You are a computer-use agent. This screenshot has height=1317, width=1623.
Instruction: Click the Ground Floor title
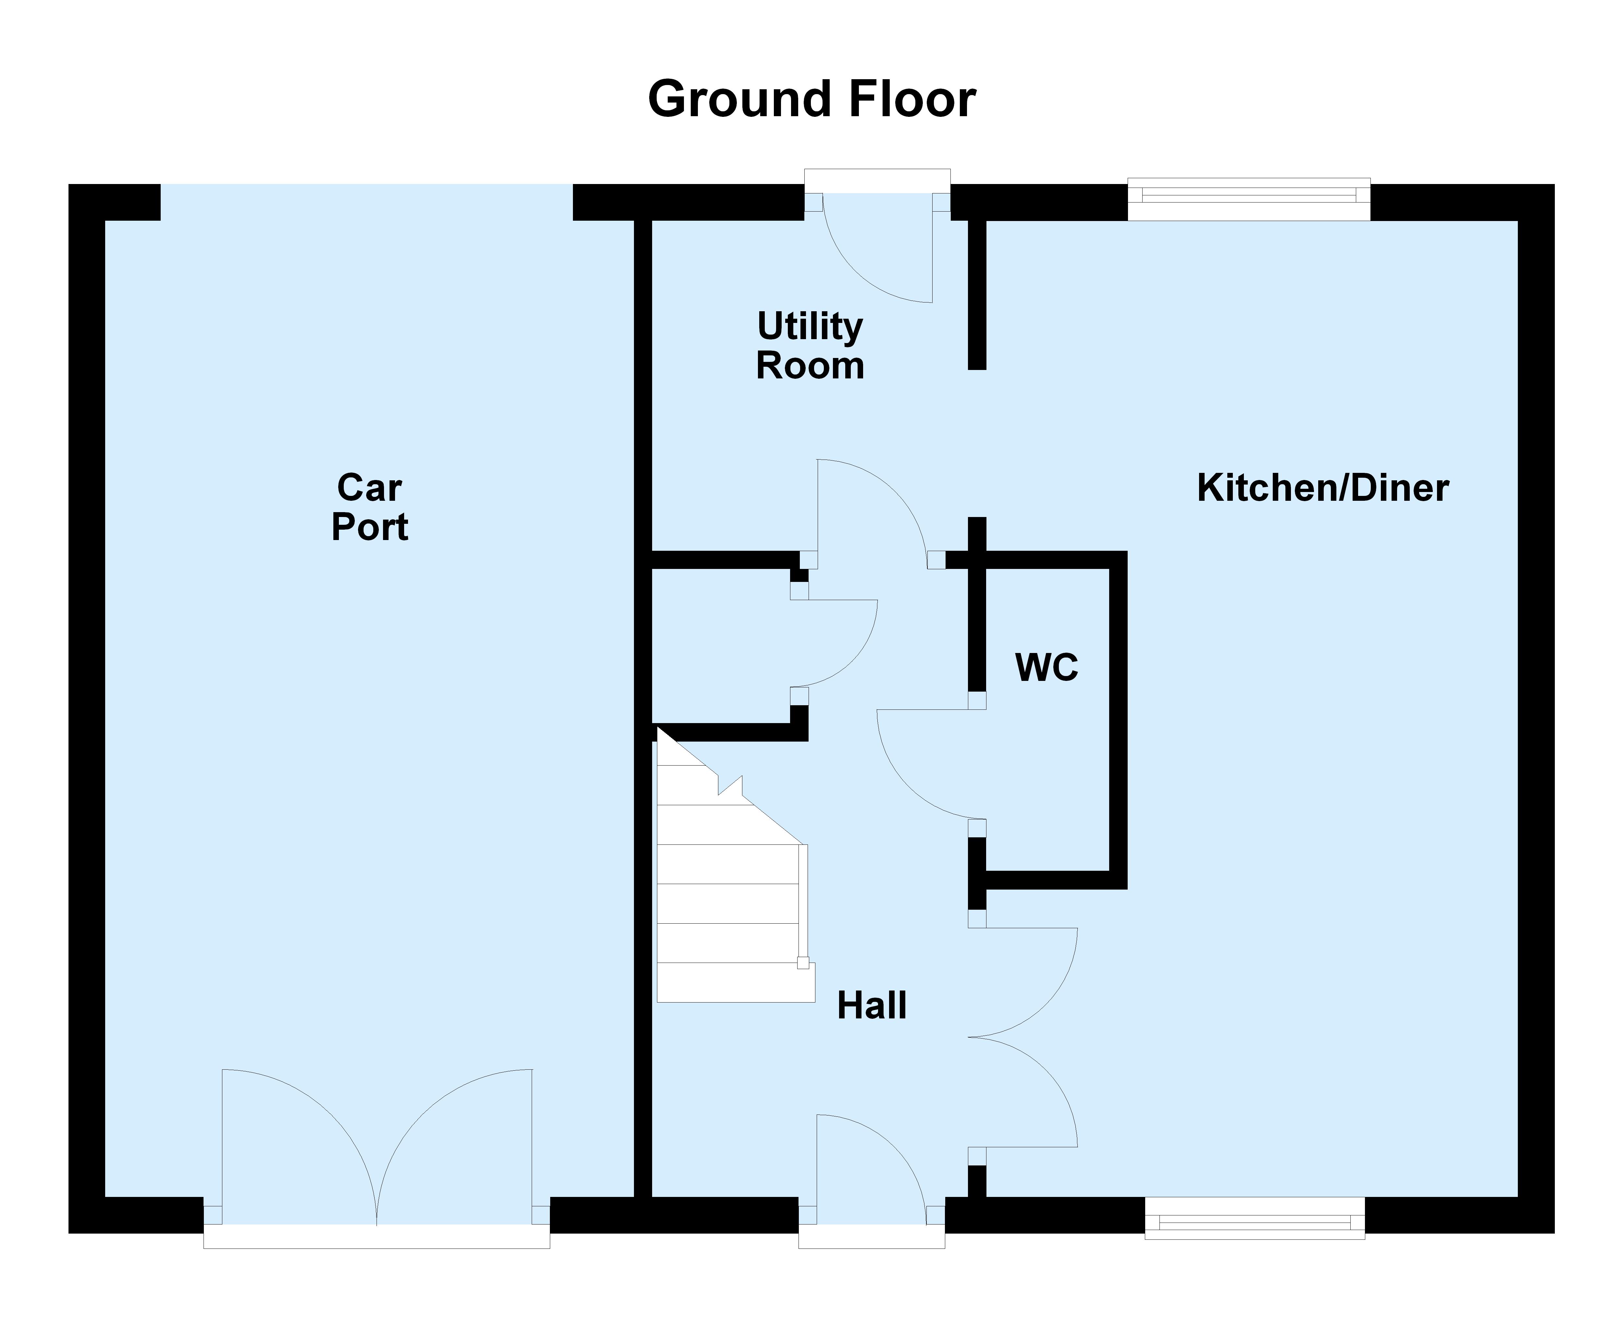click(x=811, y=99)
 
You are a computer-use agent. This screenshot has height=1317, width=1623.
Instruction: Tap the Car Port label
click(x=369, y=507)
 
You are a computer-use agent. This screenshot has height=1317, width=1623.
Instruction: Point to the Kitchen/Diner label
click(x=1322, y=488)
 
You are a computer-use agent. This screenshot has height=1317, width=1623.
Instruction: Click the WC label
click(x=1046, y=668)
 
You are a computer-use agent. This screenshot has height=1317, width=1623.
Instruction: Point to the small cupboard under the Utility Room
click(x=721, y=645)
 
